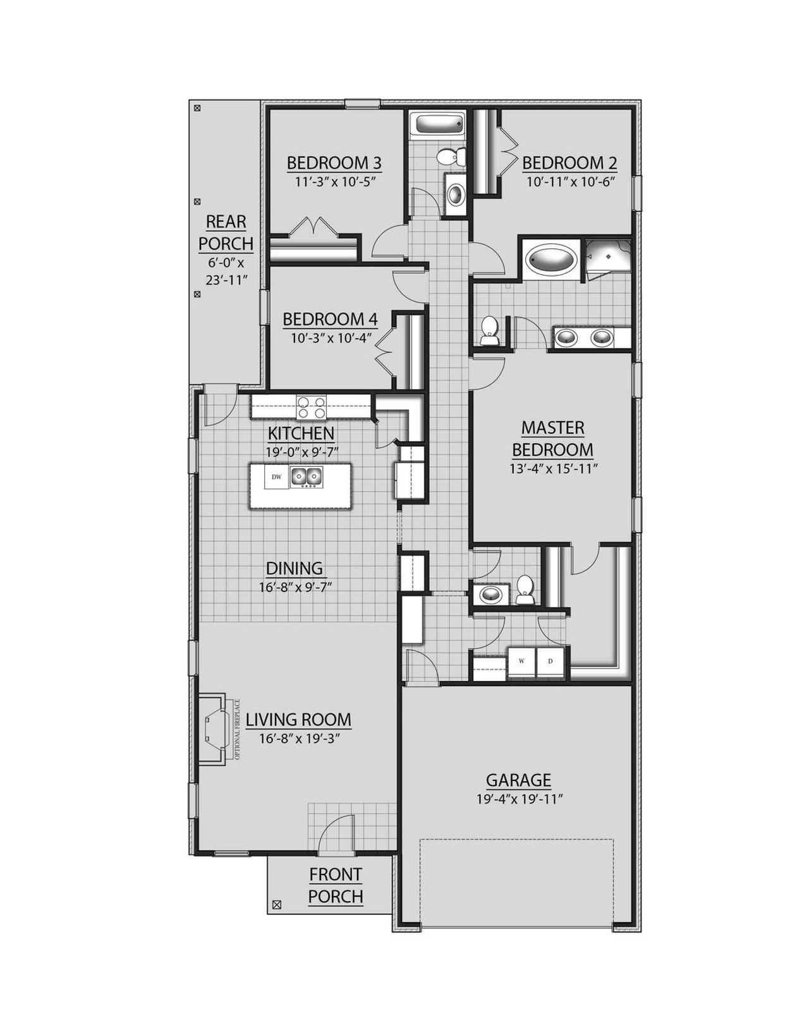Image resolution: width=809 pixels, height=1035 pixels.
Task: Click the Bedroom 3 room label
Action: click(334, 162)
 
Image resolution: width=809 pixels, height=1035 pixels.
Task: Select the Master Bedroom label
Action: click(552, 439)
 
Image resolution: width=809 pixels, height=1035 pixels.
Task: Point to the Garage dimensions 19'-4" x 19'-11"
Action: click(520, 799)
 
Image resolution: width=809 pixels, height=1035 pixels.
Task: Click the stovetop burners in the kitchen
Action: click(312, 407)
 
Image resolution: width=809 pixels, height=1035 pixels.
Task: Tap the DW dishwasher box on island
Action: click(276, 476)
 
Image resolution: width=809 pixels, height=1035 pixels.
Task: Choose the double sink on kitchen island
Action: click(307, 477)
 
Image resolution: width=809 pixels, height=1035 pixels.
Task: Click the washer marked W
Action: click(521, 661)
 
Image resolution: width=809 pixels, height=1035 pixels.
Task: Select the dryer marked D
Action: click(550, 661)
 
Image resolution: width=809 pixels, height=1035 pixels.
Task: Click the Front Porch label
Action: click(336, 885)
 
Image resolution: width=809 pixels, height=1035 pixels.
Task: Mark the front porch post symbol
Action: click(276, 905)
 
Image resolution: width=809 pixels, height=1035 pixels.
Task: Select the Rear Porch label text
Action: click(226, 232)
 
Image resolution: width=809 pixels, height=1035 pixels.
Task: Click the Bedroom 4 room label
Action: click(329, 319)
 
